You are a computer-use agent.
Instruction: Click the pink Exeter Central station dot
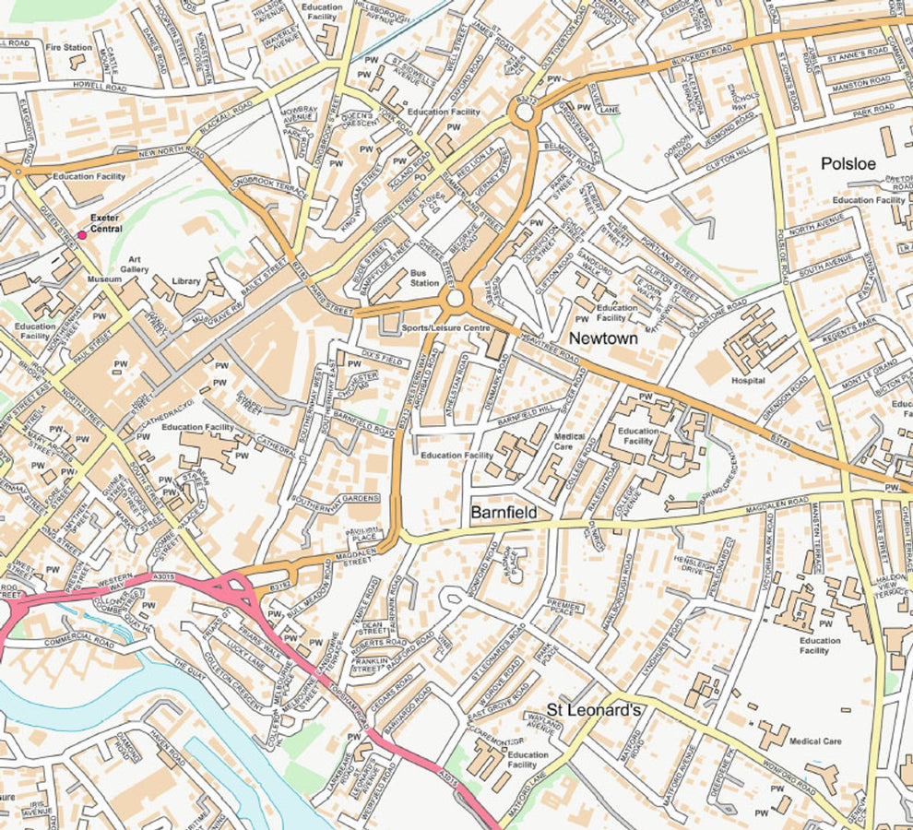[82, 235]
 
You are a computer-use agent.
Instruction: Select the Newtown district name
[603, 339]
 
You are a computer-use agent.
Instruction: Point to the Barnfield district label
[504, 511]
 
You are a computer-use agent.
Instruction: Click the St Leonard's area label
[593, 709]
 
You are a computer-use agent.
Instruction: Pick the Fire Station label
[69, 46]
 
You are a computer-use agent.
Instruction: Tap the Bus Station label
[424, 278]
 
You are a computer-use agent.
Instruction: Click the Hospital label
[748, 380]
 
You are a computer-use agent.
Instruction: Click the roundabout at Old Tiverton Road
[524, 113]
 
